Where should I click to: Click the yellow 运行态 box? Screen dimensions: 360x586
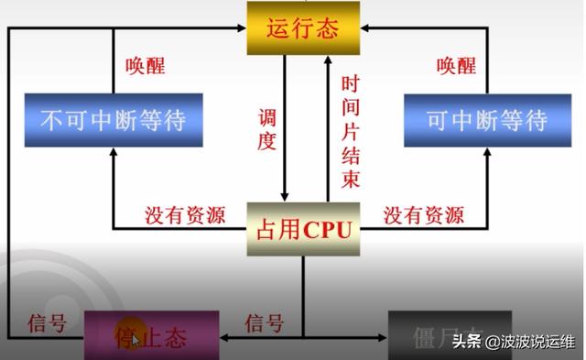coord(301,27)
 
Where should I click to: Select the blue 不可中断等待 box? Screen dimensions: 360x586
coord(113,120)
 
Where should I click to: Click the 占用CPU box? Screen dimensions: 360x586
coord(302,229)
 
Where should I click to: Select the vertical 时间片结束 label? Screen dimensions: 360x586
coord(350,131)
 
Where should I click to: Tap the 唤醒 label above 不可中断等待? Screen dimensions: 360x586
coord(146,66)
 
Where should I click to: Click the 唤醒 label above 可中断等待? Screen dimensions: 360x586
coord(456,66)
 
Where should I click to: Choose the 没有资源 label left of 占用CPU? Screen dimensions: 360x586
coord(185,215)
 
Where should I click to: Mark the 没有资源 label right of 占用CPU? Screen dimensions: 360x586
coord(423,215)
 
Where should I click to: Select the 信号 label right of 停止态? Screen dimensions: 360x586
coord(265,323)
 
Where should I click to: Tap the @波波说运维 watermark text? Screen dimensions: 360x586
coord(530,343)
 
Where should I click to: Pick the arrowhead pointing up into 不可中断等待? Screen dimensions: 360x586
coord(113,154)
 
